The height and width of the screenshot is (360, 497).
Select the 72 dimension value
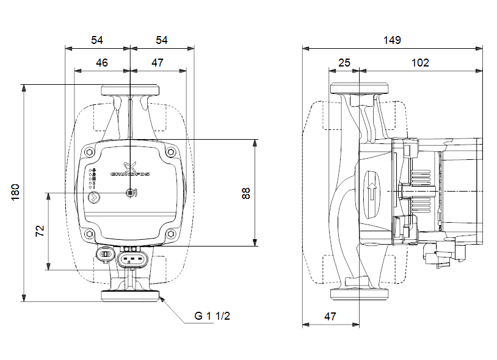(x=40, y=231)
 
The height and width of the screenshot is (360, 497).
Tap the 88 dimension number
(x=245, y=193)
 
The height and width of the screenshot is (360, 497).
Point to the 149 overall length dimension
(x=392, y=40)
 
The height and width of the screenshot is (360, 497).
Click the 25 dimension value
(x=344, y=62)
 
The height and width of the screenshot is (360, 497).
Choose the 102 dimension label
(x=419, y=62)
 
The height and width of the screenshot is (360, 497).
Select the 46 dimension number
(x=102, y=62)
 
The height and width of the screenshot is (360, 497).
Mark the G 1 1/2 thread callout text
(x=212, y=316)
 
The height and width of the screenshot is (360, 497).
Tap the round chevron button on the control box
(x=95, y=196)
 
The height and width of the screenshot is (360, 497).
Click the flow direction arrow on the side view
(x=371, y=192)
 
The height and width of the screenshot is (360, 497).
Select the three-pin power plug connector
(x=133, y=259)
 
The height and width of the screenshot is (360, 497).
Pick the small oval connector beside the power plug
(x=104, y=253)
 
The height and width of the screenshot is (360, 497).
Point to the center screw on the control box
(x=130, y=193)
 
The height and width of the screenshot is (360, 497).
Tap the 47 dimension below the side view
(x=330, y=316)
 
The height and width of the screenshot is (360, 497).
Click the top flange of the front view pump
(x=130, y=90)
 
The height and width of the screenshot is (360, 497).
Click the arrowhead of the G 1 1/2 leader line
(x=162, y=300)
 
